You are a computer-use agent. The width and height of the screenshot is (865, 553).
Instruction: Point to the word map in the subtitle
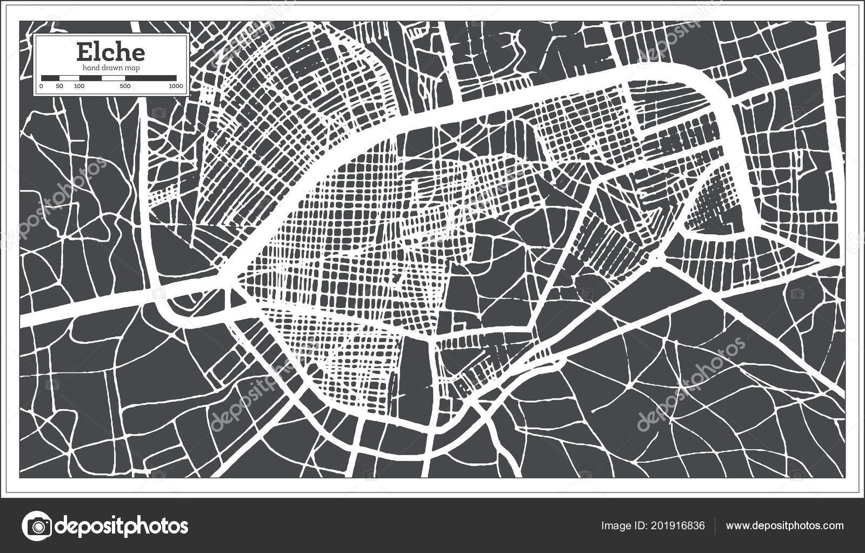tap(131, 68)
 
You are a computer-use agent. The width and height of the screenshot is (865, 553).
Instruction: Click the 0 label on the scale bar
tap(42, 86)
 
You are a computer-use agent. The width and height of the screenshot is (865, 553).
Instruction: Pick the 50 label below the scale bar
tap(59, 86)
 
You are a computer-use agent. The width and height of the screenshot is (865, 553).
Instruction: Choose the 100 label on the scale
tap(79, 86)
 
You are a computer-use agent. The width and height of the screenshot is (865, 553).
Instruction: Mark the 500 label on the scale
tap(124, 86)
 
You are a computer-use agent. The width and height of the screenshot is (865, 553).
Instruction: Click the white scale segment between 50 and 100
tap(69, 78)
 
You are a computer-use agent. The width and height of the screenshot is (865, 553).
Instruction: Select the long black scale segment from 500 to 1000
tap(150, 78)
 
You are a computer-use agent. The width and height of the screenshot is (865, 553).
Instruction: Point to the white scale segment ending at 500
tap(114, 78)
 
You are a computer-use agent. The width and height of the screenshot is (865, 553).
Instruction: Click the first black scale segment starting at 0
tap(50, 78)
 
